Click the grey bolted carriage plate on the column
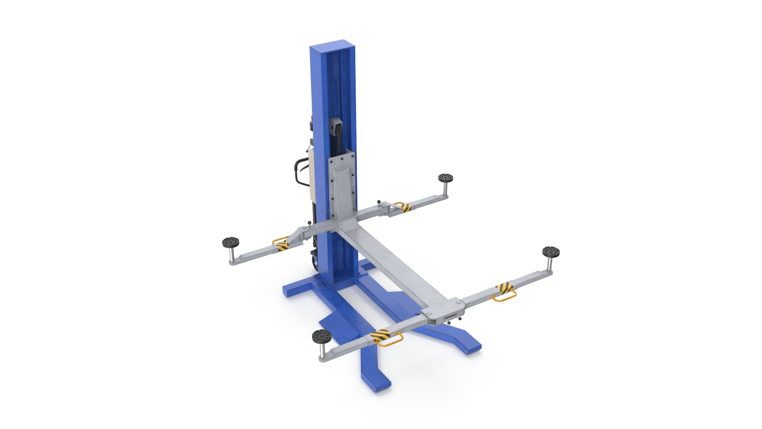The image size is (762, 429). tap(341, 187)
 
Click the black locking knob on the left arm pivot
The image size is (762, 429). tap(308, 222)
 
